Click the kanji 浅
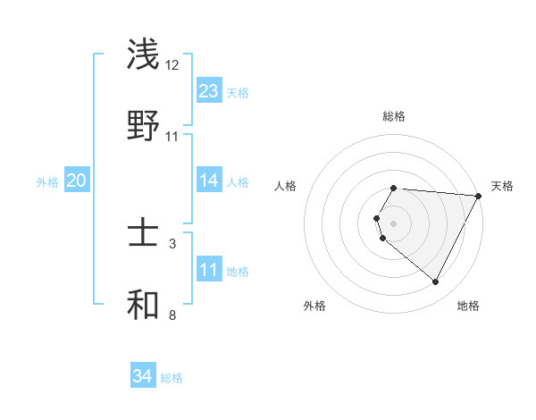pyautogui.click(x=144, y=55)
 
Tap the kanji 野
pyautogui.click(x=144, y=125)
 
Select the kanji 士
pyautogui.click(x=144, y=234)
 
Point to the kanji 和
pyautogui.click(x=144, y=305)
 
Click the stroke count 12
pyautogui.click(x=172, y=65)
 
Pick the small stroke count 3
pyautogui.click(x=172, y=243)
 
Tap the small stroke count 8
pyautogui.click(x=172, y=315)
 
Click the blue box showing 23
pyautogui.click(x=209, y=91)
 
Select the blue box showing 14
pyautogui.click(x=209, y=181)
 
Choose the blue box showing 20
pyautogui.click(x=77, y=181)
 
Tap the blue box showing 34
pyautogui.click(x=143, y=377)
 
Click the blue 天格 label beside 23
pyautogui.click(x=238, y=93)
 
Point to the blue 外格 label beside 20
pyautogui.click(x=47, y=182)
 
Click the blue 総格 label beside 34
pyautogui.click(x=172, y=379)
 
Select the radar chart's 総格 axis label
pyautogui.click(x=394, y=117)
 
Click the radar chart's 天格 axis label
pyautogui.click(x=502, y=186)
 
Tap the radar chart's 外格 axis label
pyautogui.click(x=314, y=307)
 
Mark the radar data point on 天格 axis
pyautogui.click(x=479, y=196)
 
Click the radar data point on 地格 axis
pyautogui.click(x=436, y=282)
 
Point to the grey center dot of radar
pyautogui.click(x=394, y=223)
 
